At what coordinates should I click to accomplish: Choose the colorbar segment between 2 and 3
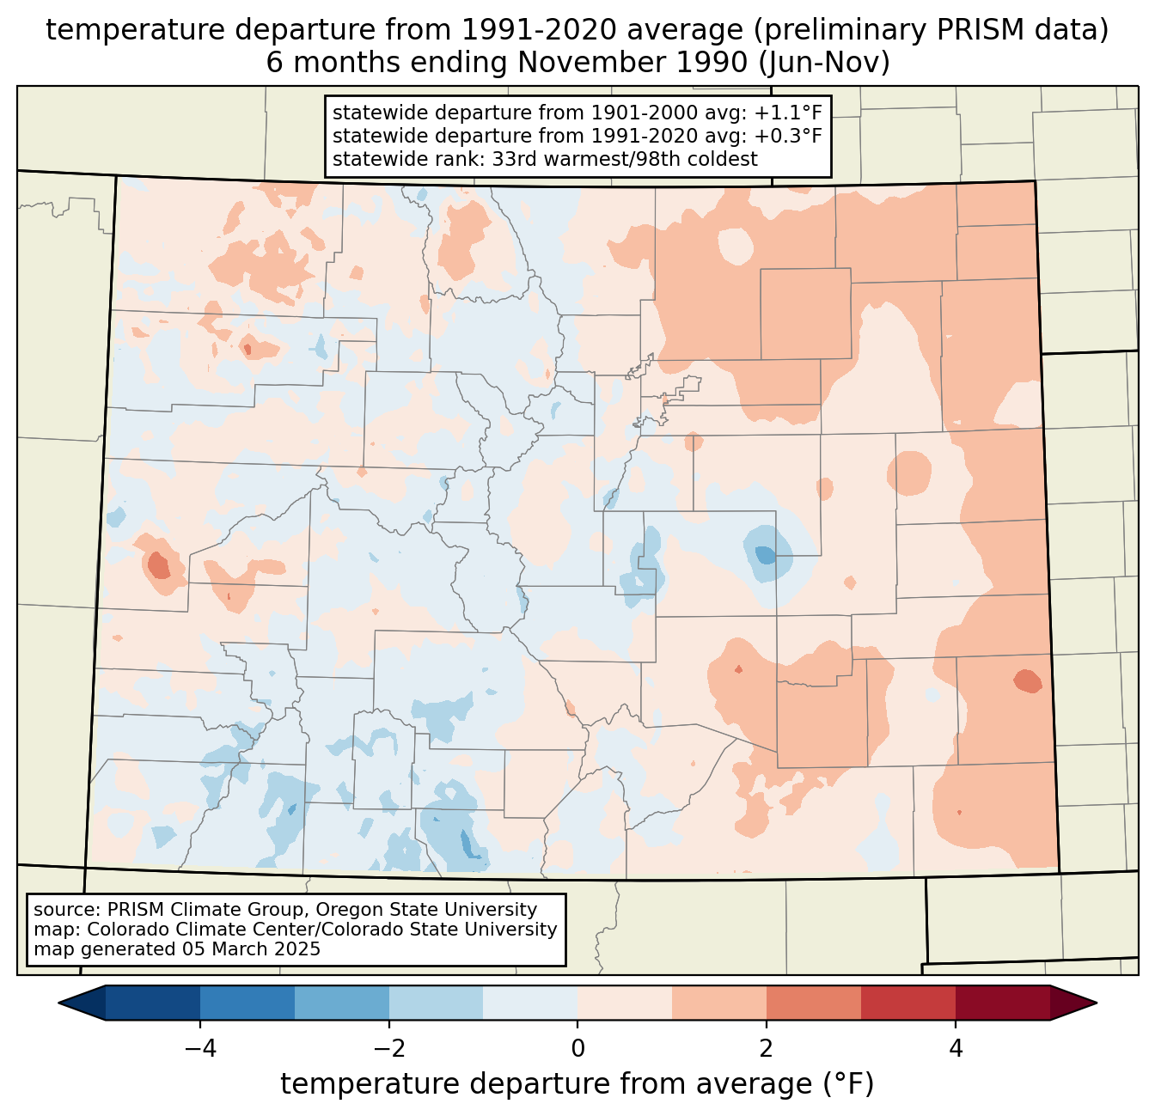click(814, 1003)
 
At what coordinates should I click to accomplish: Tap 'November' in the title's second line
click(599, 63)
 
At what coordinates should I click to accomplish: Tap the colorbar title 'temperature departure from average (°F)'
click(577, 1084)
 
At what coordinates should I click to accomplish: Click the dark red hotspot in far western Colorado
click(159, 566)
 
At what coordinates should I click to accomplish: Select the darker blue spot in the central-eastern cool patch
click(765, 555)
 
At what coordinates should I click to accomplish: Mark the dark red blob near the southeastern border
click(1027, 681)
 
